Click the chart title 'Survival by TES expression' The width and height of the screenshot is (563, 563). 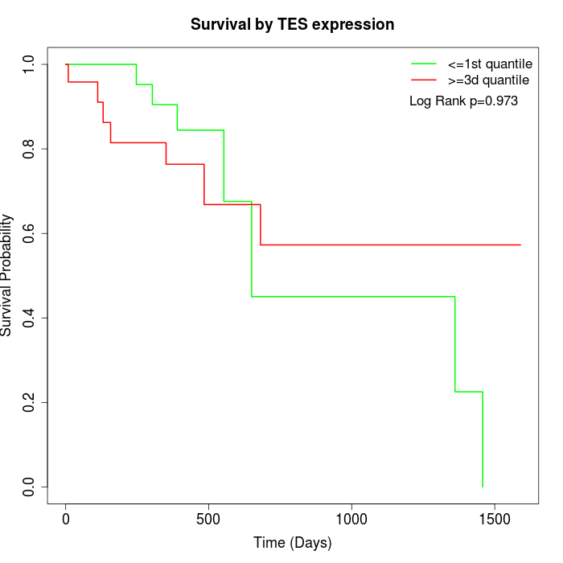(292, 25)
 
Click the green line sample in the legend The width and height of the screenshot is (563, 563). (424, 64)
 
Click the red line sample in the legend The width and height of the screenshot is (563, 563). (424, 80)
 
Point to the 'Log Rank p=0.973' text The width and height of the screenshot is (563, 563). (463, 101)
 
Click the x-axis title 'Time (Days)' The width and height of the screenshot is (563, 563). (292, 544)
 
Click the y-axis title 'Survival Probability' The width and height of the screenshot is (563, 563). (7, 275)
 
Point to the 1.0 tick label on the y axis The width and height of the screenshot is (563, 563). (29, 64)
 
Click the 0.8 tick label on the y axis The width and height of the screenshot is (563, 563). (29, 149)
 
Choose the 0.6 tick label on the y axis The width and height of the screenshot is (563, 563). (29, 233)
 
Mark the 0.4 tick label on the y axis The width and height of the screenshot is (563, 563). (29, 318)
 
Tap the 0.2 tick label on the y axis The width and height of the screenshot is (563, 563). (29, 402)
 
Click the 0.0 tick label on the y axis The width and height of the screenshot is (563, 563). (29, 487)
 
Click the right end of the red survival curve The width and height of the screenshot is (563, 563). (520, 245)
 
